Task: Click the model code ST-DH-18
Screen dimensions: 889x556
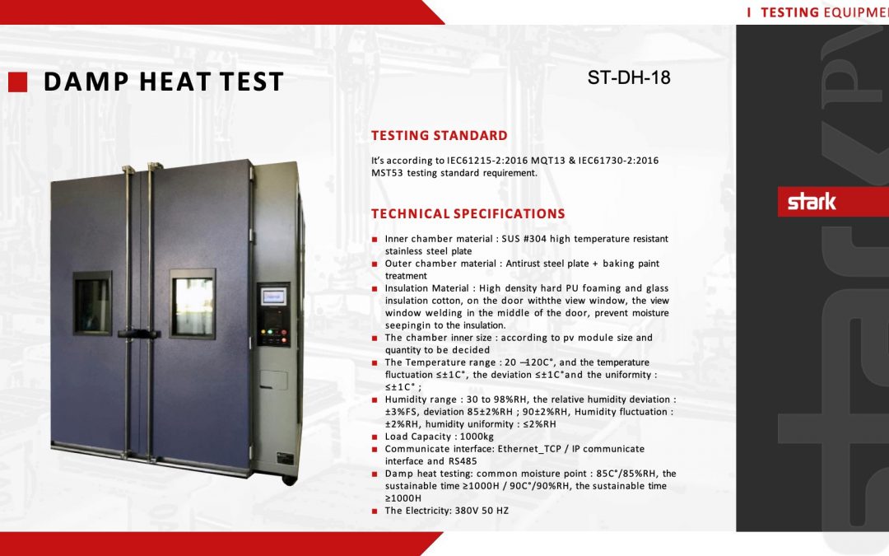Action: [629, 77]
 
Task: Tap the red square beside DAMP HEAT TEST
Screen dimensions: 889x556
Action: [17, 82]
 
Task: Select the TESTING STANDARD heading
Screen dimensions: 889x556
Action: [440, 136]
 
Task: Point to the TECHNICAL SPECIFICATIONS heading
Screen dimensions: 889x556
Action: [468, 214]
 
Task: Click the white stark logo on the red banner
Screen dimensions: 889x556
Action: [812, 202]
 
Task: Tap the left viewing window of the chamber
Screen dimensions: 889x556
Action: [92, 303]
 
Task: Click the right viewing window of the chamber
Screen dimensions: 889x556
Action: [193, 304]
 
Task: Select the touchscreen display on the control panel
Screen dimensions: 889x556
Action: [273, 297]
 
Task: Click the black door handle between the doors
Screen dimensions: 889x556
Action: [139, 334]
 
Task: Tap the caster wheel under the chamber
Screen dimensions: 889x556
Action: [289, 480]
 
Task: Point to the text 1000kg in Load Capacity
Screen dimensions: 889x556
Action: [477, 437]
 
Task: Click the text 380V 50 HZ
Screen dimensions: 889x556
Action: [482, 511]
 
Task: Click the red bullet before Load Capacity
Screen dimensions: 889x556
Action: [375, 437]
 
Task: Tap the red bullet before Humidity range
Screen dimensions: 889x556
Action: [375, 400]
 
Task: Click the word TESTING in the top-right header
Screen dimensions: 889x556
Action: [789, 12]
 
